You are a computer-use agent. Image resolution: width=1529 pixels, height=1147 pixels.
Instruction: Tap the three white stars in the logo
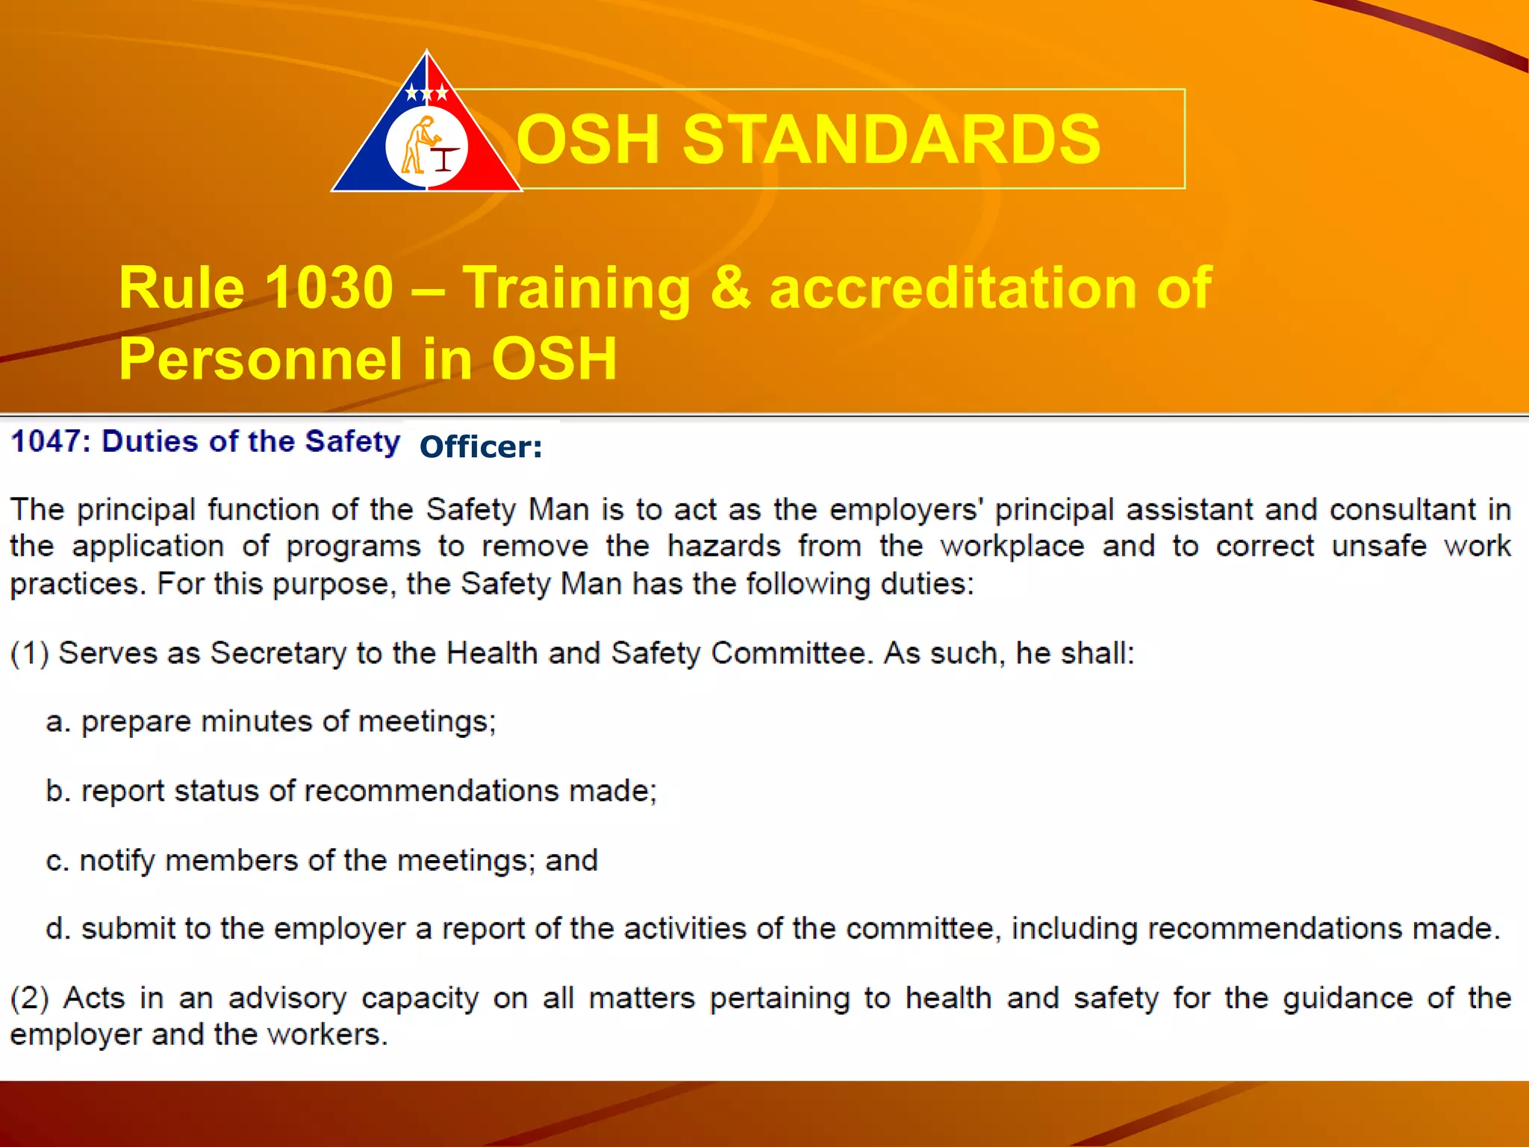point(426,93)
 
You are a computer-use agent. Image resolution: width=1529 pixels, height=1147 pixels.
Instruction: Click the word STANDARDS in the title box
point(891,139)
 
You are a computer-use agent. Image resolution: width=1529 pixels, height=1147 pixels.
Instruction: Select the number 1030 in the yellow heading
point(329,287)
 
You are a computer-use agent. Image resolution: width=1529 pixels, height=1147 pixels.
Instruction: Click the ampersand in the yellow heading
point(730,287)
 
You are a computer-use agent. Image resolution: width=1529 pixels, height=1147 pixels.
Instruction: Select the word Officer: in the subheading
point(481,447)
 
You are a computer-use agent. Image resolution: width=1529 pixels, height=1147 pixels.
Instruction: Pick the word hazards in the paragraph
point(723,546)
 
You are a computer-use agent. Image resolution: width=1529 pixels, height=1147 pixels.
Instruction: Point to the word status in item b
point(217,791)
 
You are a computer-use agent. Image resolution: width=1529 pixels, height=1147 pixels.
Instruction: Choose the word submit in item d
point(128,929)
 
